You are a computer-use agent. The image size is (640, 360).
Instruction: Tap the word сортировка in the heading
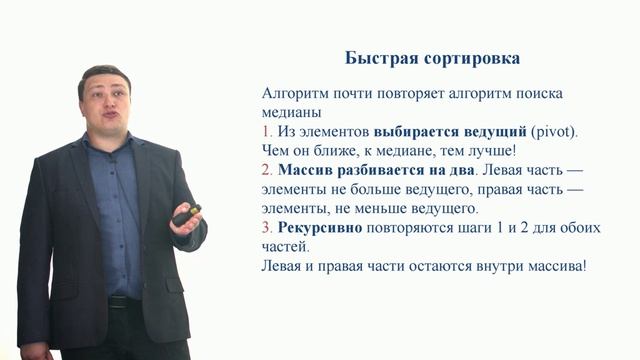[471, 58]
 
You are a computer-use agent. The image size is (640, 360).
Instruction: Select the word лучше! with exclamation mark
[490, 151]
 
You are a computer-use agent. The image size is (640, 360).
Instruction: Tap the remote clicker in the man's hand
[185, 214]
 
